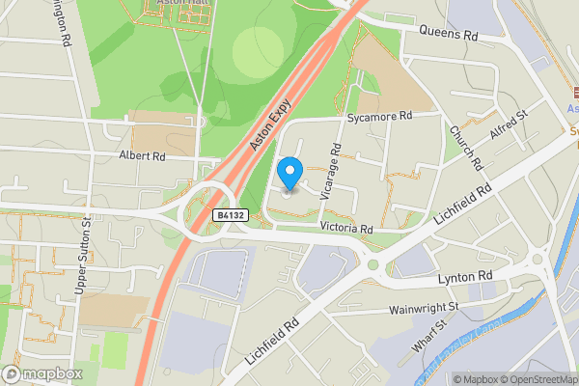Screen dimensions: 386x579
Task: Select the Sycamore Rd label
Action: coord(380,116)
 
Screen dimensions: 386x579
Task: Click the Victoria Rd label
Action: coord(346,229)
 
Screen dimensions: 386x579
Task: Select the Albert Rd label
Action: coord(143,154)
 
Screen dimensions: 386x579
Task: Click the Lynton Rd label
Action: coord(465,277)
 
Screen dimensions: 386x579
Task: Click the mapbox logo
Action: coord(42,373)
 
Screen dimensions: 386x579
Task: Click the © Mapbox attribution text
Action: coord(477,378)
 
